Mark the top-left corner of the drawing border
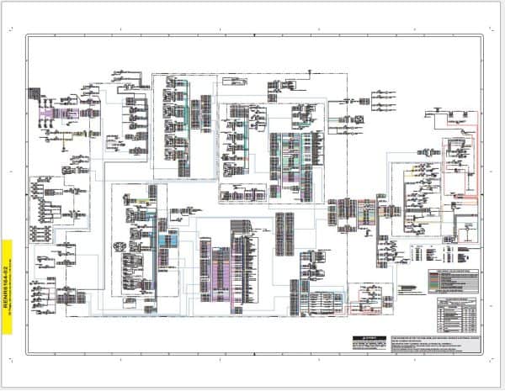tap(25, 34)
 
